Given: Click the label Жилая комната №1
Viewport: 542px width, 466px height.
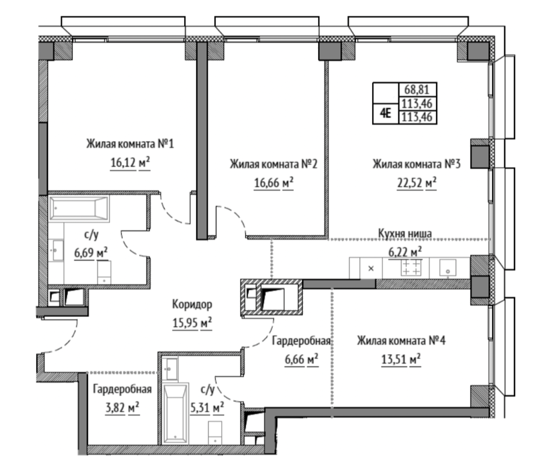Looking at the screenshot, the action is click(x=130, y=143).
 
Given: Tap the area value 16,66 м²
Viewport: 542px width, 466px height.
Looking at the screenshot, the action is click(x=274, y=182).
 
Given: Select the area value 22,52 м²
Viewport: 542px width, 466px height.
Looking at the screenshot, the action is click(x=417, y=182).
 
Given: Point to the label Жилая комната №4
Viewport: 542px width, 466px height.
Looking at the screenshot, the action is click(x=401, y=341).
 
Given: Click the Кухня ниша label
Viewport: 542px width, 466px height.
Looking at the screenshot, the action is click(x=405, y=233).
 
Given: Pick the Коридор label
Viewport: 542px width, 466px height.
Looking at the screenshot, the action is click(x=192, y=304).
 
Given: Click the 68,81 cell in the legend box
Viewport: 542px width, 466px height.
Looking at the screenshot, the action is click(x=417, y=90).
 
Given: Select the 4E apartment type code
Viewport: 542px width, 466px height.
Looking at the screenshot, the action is click(x=385, y=113).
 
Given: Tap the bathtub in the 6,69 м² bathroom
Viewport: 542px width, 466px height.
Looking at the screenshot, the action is click(x=79, y=208).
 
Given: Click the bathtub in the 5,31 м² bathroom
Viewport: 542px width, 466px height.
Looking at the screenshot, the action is click(x=175, y=413).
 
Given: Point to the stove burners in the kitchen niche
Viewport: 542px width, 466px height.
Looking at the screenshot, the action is click(x=411, y=268).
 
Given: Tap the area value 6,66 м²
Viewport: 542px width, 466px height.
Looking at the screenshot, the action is click(x=301, y=359).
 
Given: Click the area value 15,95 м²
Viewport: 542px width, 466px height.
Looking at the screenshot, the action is click(x=192, y=323).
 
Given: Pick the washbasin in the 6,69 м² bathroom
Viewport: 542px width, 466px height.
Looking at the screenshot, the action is click(x=56, y=250).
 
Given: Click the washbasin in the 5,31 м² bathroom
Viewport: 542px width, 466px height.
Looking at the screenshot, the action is click(x=170, y=369).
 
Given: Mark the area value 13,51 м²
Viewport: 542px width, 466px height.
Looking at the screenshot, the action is click(x=401, y=359).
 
